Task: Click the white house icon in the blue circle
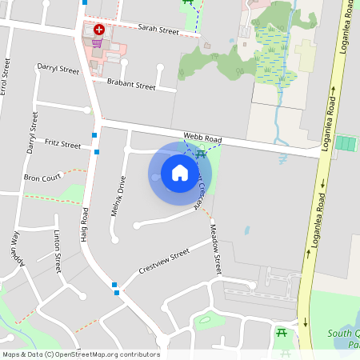180,172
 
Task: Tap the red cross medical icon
99,28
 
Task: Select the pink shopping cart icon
98,42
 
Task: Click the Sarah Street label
158,29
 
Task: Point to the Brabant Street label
131,85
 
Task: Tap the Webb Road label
202,138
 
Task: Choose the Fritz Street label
63,145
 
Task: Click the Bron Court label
42,178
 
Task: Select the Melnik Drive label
117,196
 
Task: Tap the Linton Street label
57,250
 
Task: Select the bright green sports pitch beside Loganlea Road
346,143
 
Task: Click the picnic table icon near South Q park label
282,333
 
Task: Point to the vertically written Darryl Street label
33,133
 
